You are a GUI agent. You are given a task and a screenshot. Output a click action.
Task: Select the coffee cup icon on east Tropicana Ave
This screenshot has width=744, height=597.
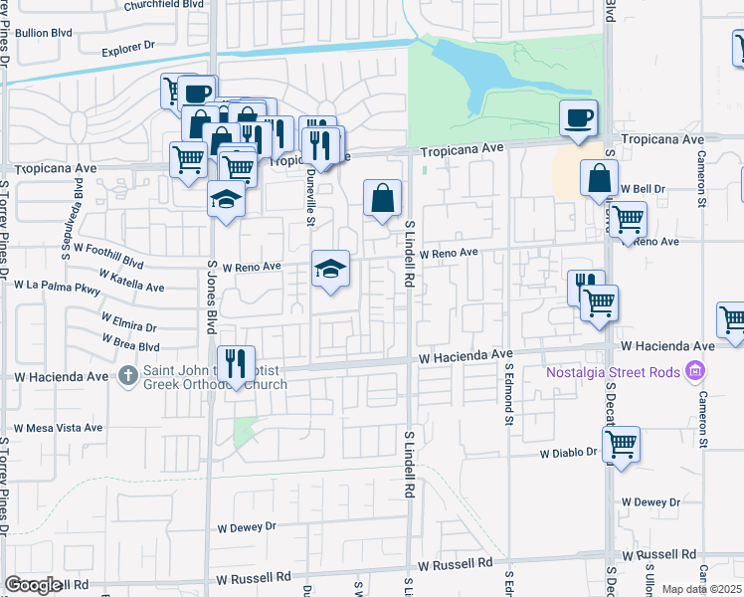click(578, 118)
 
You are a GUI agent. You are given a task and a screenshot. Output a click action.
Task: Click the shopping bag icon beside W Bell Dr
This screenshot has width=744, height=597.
click(601, 180)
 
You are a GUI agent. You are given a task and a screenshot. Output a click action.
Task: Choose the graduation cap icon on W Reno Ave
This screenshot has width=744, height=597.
click(331, 268)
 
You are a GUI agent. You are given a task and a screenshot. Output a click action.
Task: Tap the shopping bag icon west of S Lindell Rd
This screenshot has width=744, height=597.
click(383, 198)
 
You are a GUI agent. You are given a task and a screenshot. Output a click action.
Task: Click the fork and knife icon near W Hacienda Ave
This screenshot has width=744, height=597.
click(236, 364)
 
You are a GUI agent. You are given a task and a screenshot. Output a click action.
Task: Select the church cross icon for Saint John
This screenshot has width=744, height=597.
click(127, 376)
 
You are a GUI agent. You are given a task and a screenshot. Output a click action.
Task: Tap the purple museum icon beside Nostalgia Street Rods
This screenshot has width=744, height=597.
click(695, 372)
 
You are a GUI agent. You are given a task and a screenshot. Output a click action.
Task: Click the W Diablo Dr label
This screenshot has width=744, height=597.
click(568, 453)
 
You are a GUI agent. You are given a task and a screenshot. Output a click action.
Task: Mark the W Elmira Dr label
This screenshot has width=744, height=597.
click(128, 321)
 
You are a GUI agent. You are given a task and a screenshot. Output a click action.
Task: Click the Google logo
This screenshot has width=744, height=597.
click(33, 586)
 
